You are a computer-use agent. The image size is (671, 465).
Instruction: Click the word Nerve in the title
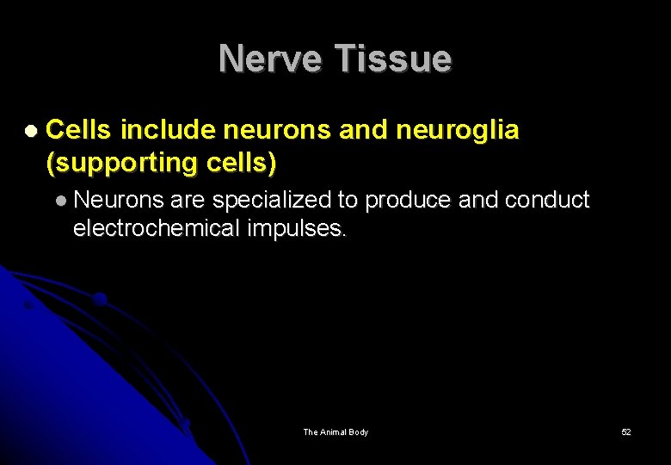[270, 59]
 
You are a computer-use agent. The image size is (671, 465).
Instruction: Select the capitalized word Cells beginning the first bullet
[79, 130]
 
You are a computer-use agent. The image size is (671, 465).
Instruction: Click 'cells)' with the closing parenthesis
[242, 161]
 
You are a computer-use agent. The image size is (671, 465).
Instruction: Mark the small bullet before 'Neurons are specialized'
[60, 201]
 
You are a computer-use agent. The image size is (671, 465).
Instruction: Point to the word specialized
[271, 201]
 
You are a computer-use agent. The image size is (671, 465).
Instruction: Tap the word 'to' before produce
[348, 201]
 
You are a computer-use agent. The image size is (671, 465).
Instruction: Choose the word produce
[408, 201]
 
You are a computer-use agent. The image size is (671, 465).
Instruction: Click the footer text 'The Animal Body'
[335, 432]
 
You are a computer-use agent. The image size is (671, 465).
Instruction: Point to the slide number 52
[626, 432]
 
